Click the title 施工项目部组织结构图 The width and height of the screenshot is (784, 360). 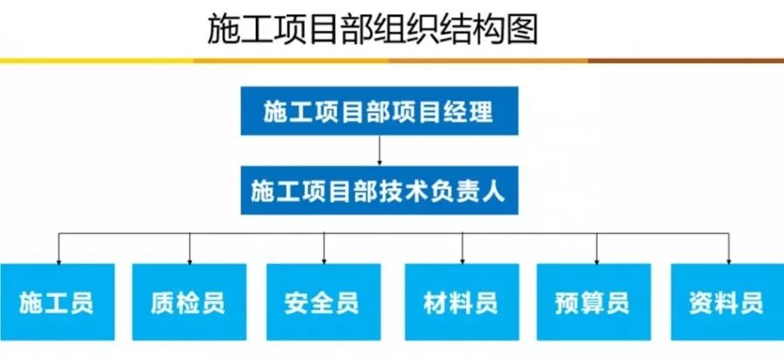click(x=372, y=30)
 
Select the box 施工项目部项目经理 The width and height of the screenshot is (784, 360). click(x=379, y=110)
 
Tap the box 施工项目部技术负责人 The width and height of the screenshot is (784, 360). click(x=379, y=190)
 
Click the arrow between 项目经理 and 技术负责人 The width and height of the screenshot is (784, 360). click(x=379, y=150)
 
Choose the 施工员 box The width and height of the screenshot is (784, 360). click(x=58, y=302)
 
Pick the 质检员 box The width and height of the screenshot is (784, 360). click(x=189, y=302)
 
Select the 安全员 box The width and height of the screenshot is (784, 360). click(x=323, y=302)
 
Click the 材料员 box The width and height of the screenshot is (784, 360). click(x=462, y=302)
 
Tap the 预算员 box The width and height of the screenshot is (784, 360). click(x=594, y=302)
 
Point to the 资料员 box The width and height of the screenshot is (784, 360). click(x=727, y=302)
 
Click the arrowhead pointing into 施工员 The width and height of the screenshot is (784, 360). click(x=59, y=261)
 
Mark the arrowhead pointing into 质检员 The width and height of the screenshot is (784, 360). click(x=190, y=261)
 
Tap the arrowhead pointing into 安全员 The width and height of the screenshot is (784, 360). click(x=324, y=261)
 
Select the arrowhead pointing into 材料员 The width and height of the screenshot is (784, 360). click(x=462, y=261)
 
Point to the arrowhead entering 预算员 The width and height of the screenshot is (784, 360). click(x=596, y=261)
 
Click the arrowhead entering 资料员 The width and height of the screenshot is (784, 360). click(x=729, y=261)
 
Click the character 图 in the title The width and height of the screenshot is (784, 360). click(x=522, y=30)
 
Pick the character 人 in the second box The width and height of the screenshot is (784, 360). click(x=495, y=191)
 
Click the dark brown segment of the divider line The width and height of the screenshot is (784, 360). click(x=686, y=60)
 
